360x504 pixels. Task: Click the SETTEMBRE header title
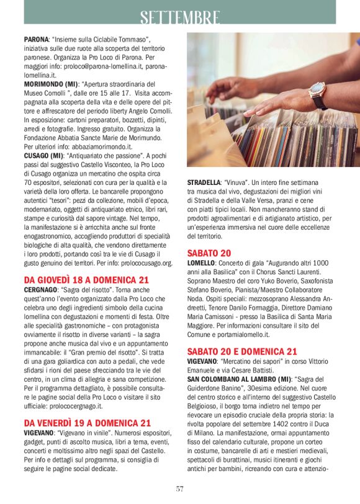179,17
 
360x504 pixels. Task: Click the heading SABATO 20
209,253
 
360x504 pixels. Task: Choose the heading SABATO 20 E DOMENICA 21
242,351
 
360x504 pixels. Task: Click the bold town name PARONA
36,39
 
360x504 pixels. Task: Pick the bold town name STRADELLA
204,182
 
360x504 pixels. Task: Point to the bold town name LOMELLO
201,263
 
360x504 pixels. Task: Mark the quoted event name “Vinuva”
238,182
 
